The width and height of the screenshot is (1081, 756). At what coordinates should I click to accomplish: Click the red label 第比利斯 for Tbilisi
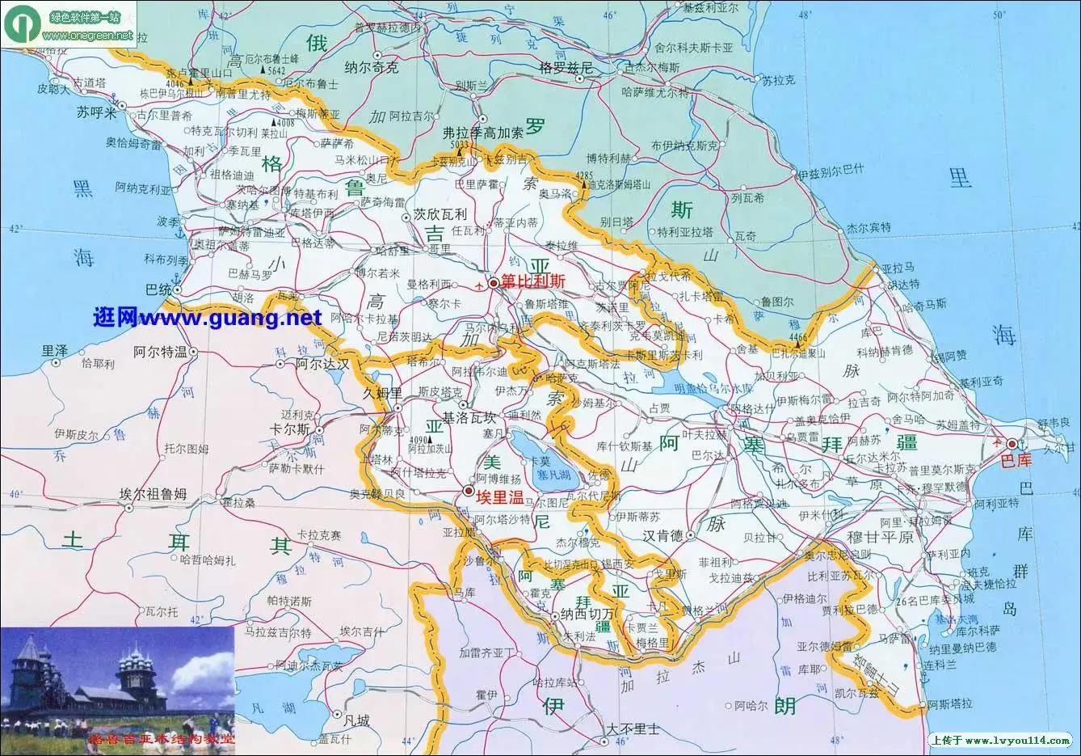tap(532, 282)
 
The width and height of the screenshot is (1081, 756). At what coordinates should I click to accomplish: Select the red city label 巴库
tap(1016, 460)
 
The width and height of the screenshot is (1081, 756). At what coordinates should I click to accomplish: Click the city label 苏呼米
tap(97, 113)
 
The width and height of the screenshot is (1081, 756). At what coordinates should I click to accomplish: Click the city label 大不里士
tap(633, 729)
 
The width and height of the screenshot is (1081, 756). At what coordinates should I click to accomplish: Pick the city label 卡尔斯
tap(290, 429)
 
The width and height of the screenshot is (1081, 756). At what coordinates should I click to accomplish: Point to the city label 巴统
tap(158, 289)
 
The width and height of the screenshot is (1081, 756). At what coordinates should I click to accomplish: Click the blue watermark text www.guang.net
tap(207, 318)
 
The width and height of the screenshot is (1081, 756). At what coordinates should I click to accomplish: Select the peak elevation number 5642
tap(277, 70)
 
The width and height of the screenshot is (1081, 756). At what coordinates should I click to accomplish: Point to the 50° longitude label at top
tap(1001, 15)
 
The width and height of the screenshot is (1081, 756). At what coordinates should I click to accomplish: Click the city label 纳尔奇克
tap(371, 68)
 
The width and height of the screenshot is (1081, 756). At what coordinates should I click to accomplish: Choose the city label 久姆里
tap(382, 393)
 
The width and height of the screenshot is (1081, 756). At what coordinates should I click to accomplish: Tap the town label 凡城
tap(355, 720)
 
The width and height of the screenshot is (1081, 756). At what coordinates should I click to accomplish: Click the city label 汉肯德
tap(663, 535)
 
